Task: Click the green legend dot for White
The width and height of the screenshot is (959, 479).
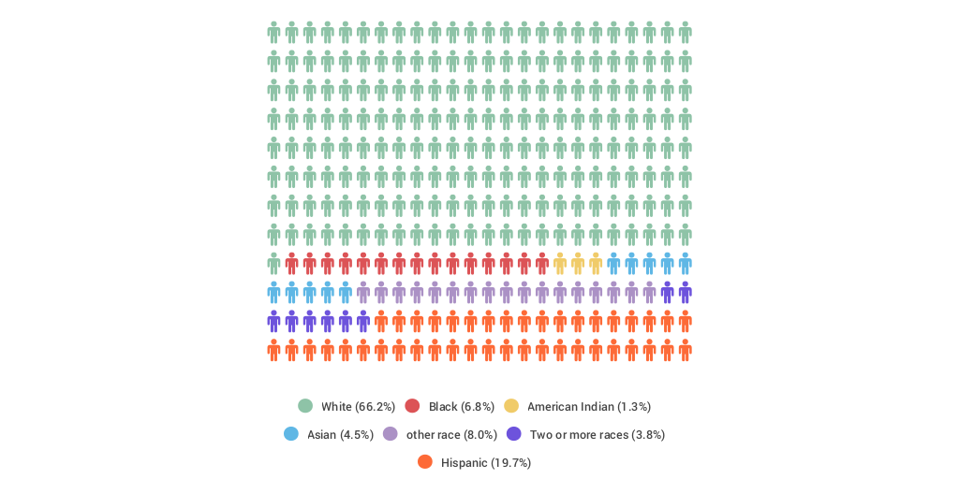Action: (x=305, y=406)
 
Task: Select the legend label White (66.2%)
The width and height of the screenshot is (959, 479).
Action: (x=359, y=407)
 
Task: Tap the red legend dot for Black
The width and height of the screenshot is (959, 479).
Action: (x=412, y=406)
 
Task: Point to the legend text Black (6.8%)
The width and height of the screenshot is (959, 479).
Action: (x=462, y=407)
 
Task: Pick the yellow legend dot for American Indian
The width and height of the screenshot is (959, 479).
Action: (x=511, y=406)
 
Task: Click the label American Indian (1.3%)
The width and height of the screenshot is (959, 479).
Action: (x=589, y=407)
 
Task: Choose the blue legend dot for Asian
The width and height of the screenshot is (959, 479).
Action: (x=291, y=434)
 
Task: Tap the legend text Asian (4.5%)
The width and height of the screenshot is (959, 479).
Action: (x=340, y=435)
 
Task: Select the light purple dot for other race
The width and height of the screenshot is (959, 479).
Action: (x=391, y=434)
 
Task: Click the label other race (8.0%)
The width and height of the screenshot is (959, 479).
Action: (x=451, y=435)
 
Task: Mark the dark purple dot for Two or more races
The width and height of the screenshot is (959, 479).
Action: (x=514, y=434)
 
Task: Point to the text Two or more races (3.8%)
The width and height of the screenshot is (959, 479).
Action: (x=598, y=435)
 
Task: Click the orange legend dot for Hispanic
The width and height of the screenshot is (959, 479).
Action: (x=425, y=462)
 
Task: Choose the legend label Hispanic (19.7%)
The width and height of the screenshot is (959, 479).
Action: (x=486, y=463)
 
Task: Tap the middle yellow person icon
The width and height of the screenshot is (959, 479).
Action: (x=578, y=264)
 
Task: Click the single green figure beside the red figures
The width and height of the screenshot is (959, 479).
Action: (x=273, y=264)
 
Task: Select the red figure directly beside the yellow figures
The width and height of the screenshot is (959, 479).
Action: (x=542, y=264)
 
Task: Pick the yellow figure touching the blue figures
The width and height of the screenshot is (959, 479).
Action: (x=596, y=264)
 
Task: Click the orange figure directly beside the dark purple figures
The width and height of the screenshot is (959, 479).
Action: (x=381, y=322)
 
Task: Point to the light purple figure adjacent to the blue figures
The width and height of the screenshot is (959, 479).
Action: (x=363, y=293)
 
